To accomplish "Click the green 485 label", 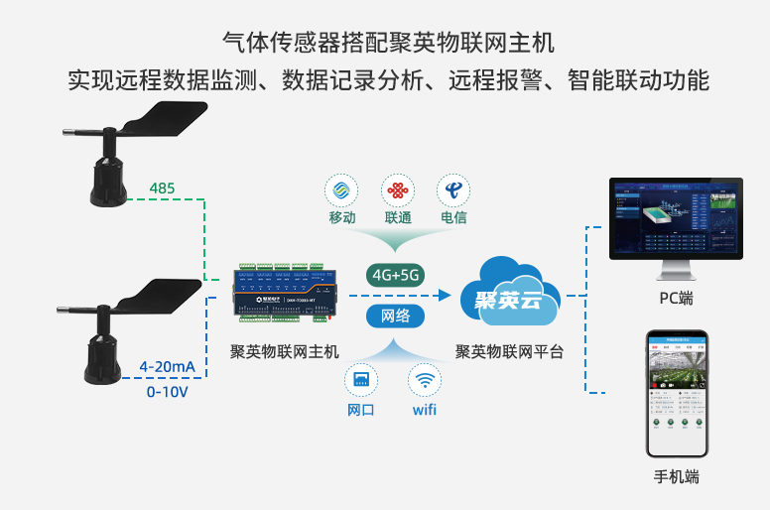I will [162, 188].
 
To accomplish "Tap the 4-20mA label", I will [167, 367].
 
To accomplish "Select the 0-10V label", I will [167, 391].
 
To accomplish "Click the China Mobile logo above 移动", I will [342, 190].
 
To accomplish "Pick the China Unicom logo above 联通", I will [398, 190].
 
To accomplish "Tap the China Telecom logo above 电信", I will [453, 190].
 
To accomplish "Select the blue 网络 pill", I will [395, 317].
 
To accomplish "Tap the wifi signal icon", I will [425, 380].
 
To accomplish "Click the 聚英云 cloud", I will [507, 294].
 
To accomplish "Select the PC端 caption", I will [676, 299].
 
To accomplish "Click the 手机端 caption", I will [676, 476].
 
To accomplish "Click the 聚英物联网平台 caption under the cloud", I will [508, 351].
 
